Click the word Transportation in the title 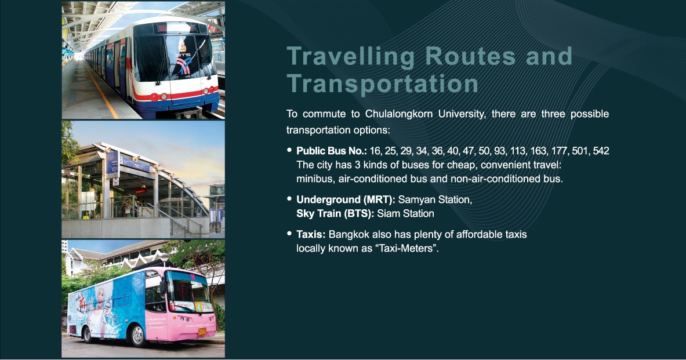pos(383,83)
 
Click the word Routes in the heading pos(470,56)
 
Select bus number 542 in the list pos(601,151)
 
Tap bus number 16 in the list pos(375,151)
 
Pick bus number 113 pos(518,151)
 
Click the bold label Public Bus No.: pos(332,151)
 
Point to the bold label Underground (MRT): pos(346,200)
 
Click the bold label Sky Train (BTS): pos(335,214)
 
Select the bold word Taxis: pos(311,234)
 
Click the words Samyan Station pos(435,200)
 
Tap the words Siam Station pos(405,214)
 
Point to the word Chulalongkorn pos(398,114)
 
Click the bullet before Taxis pos(289,234)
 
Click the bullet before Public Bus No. pos(289,150)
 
